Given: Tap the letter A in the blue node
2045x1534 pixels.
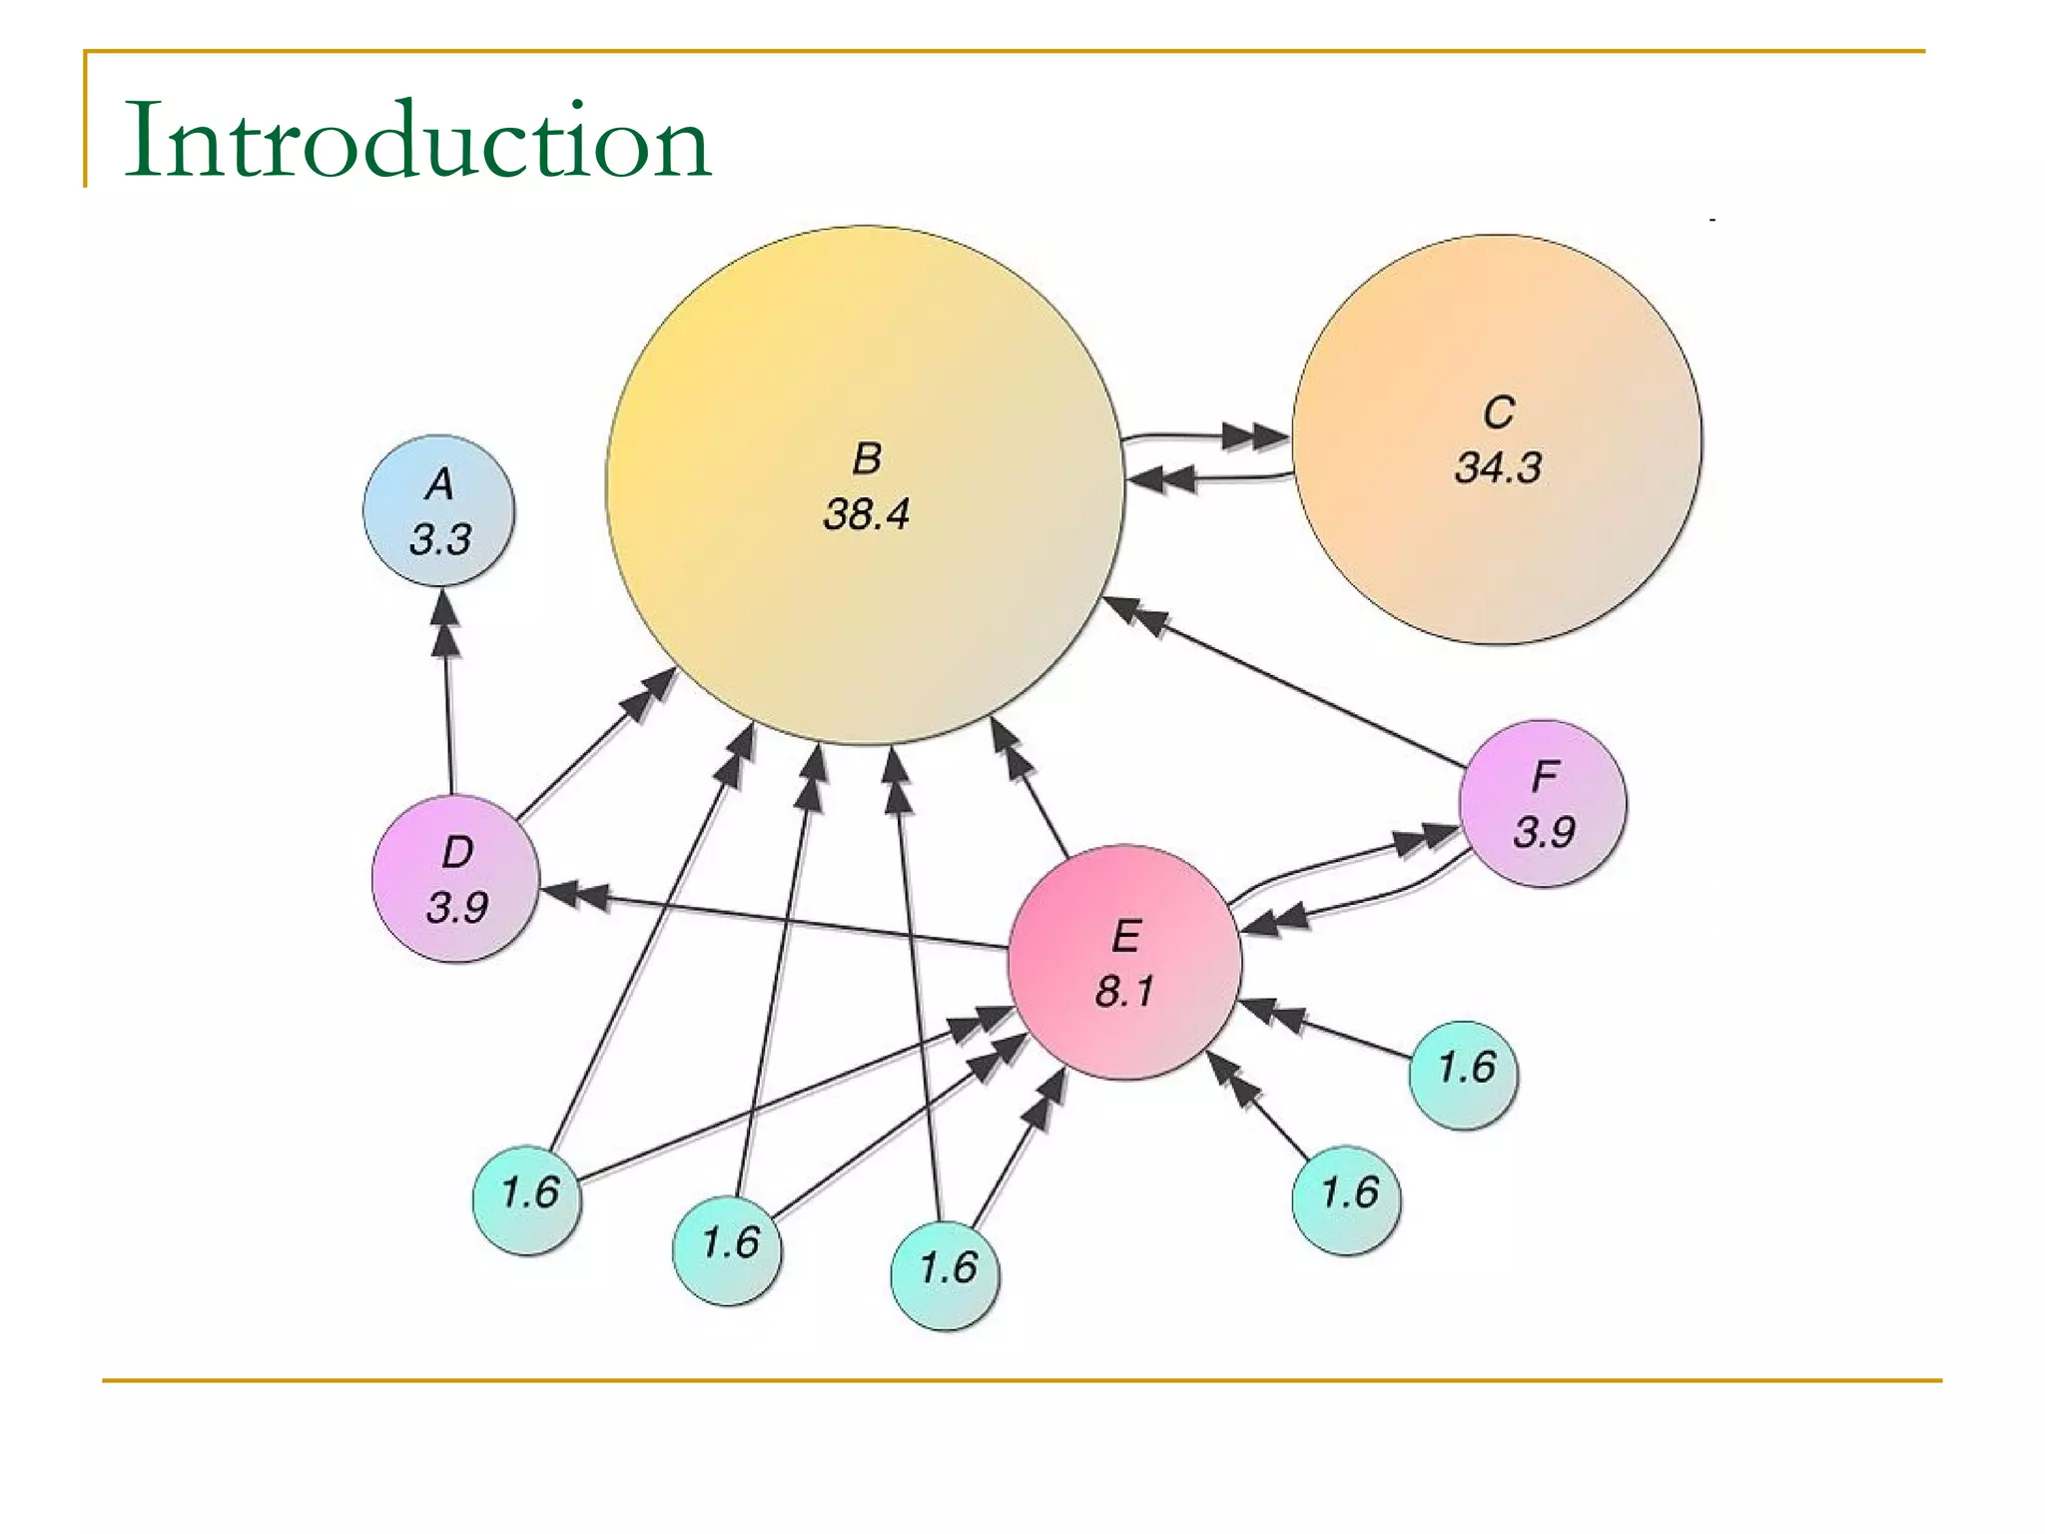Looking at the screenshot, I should [x=439, y=484].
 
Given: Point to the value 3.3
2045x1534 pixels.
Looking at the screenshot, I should [x=439, y=540].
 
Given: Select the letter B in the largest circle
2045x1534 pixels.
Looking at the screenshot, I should [x=867, y=459].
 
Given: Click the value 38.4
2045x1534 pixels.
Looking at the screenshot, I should [x=867, y=514].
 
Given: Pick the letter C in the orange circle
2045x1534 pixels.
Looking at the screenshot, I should [x=1498, y=412].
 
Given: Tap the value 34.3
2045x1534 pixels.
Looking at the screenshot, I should [x=1498, y=467].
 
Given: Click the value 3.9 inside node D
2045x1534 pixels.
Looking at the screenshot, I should [x=456, y=908].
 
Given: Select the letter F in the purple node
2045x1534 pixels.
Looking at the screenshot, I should [x=1544, y=776].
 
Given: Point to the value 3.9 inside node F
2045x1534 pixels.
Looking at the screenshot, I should [x=1544, y=832].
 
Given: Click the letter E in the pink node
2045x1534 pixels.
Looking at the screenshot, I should [x=1125, y=937].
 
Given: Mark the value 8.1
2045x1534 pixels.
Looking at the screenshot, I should [x=1125, y=992].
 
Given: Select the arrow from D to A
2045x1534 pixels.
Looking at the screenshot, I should [x=447, y=699].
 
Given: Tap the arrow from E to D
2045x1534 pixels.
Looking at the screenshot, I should [x=779, y=919].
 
